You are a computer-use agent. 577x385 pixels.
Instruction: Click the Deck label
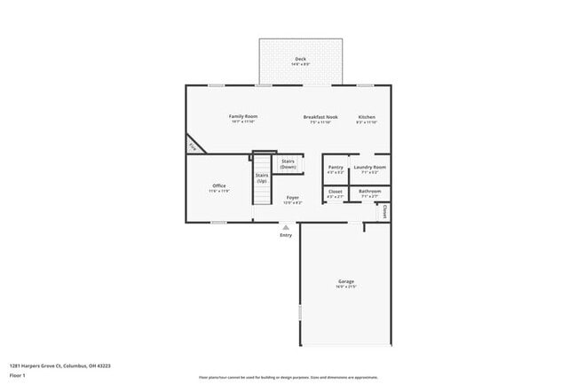[301, 59]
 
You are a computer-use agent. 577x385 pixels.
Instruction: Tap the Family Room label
[242, 117]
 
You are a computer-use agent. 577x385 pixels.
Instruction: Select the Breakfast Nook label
[320, 117]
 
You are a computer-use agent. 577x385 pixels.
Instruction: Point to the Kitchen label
[367, 117]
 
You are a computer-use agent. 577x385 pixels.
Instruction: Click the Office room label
[218, 185]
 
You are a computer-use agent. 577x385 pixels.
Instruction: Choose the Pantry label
[336, 167]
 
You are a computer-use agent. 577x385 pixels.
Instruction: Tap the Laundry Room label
[369, 167]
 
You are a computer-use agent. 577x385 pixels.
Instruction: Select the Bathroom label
[369, 191]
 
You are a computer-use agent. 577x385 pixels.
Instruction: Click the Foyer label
[292, 199]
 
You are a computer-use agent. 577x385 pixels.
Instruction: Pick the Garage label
[345, 281]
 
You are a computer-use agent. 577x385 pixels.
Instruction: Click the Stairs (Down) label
[288, 163]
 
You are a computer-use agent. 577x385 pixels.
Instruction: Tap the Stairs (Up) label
[262, 177]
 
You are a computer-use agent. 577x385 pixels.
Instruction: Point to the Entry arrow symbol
[286, 228]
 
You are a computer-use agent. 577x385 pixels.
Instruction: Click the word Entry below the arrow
[286, 235]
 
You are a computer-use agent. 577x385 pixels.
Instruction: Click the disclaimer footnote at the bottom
[288, 377]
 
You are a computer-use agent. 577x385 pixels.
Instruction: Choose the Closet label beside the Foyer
[336, 191]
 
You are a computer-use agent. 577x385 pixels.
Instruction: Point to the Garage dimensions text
[345, 287]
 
